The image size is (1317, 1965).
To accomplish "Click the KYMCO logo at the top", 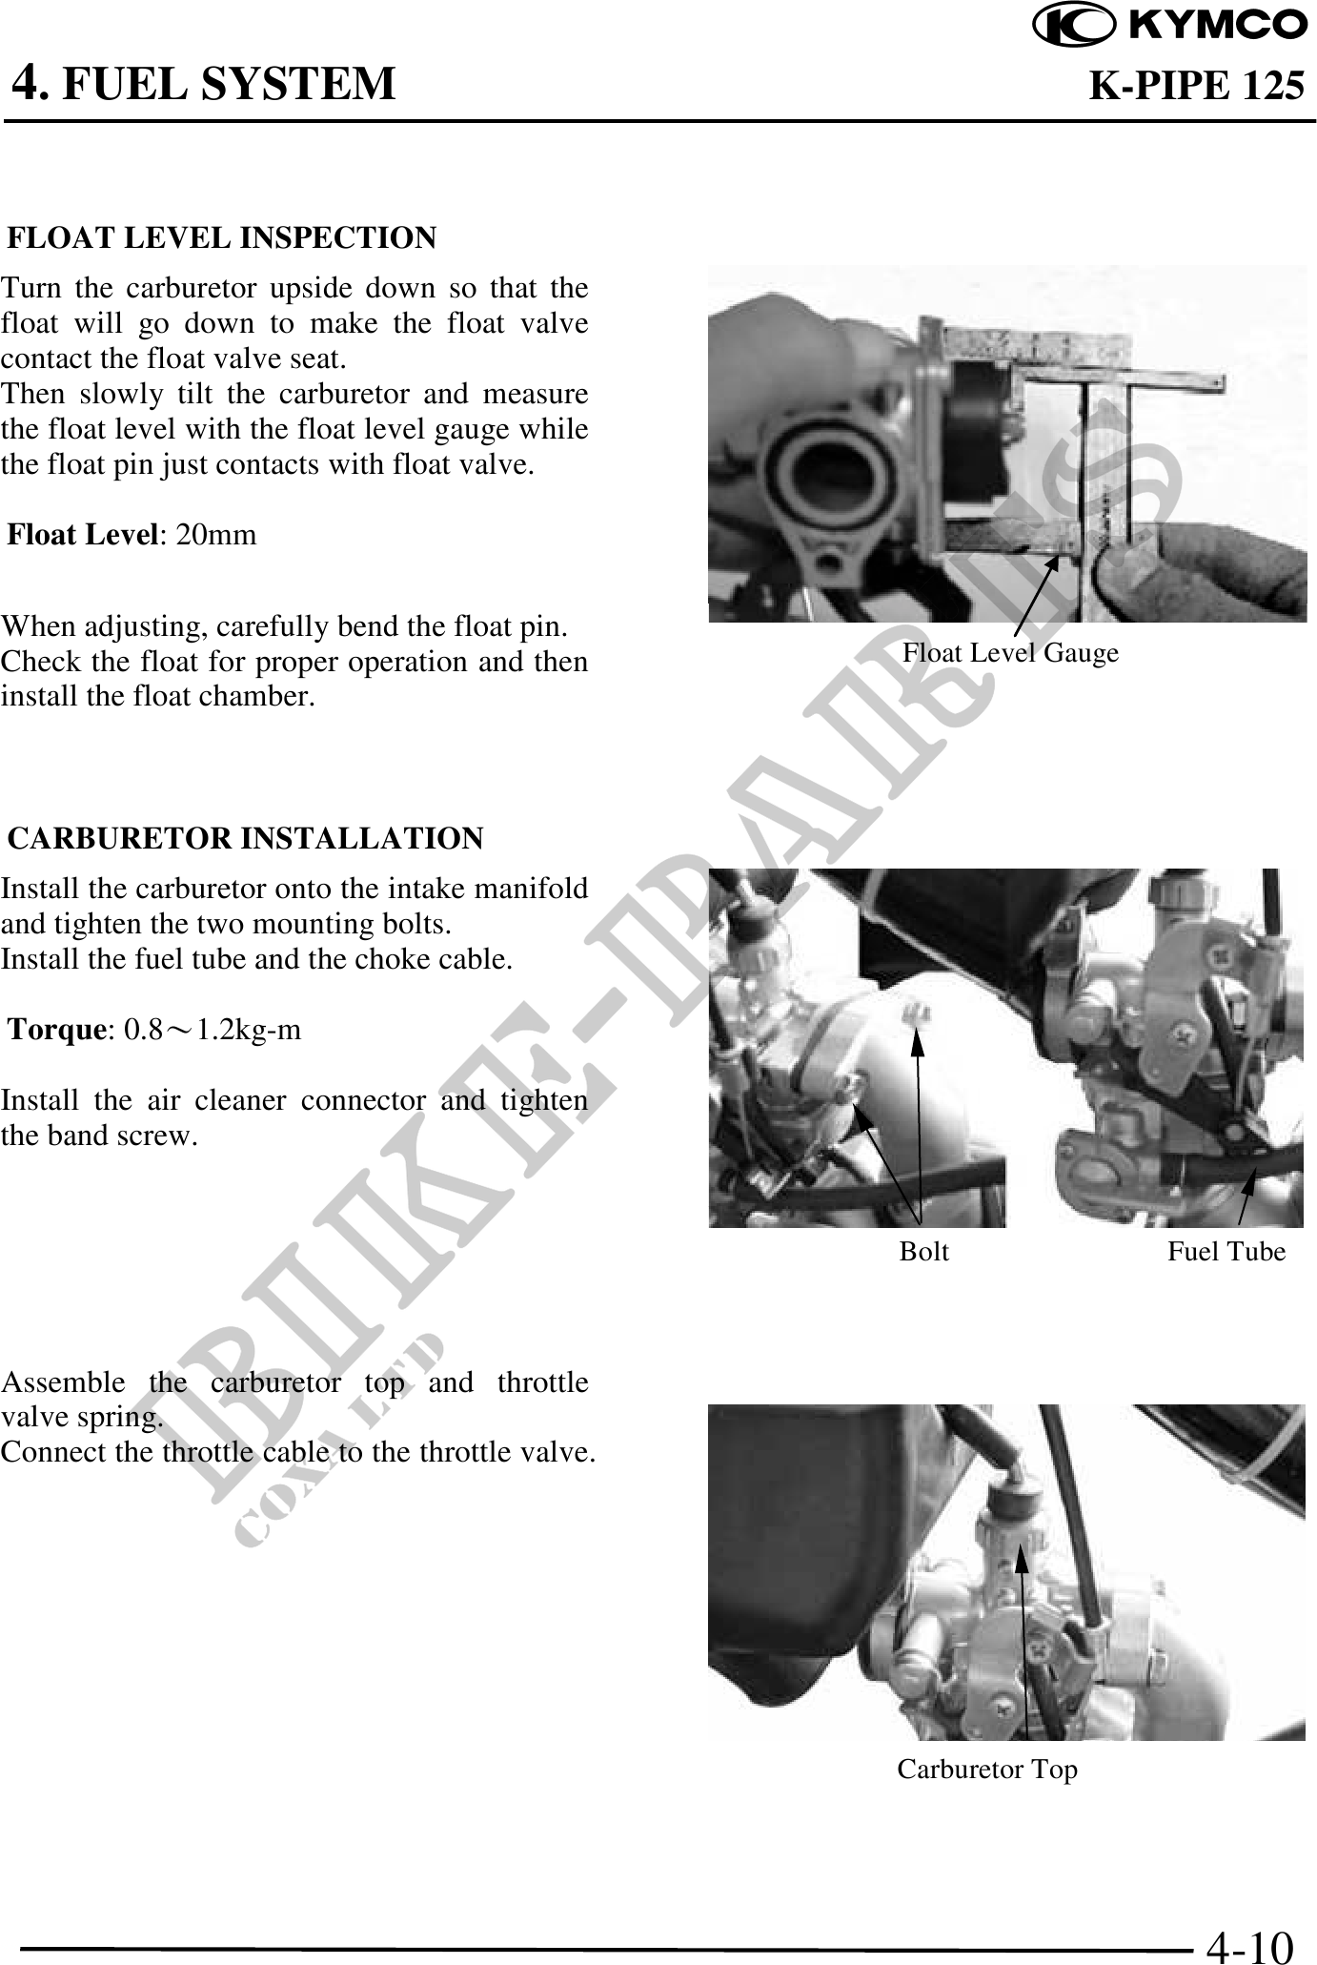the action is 1170,26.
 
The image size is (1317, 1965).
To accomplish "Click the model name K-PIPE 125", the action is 1197,86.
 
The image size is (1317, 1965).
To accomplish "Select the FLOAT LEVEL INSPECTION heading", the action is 222,237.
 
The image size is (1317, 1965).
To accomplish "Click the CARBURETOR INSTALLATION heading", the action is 246,838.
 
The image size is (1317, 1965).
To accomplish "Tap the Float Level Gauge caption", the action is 1011,653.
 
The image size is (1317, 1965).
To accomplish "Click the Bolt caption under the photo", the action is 924,1251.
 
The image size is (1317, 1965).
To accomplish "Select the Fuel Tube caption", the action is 1227,1251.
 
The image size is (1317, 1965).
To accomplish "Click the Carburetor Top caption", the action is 987,1770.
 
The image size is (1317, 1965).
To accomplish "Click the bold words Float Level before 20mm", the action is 82,535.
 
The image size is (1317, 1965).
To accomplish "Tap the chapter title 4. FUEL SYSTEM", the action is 203,84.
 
